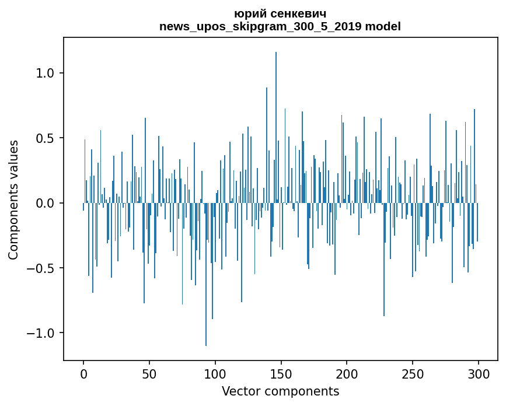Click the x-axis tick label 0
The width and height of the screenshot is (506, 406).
point(83,373)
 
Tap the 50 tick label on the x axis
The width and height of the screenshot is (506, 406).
point(149,373)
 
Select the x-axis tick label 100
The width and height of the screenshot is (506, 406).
point(215,373)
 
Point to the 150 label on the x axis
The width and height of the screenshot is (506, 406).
point(281,373)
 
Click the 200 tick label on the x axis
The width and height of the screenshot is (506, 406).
point(347,373)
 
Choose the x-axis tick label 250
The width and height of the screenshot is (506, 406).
point(413,373)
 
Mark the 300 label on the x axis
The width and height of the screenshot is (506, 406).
point(479,373)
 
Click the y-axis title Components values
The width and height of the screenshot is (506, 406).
point(13,199)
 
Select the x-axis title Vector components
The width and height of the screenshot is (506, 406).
point(280,391)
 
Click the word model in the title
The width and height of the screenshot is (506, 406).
point(383,26)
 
